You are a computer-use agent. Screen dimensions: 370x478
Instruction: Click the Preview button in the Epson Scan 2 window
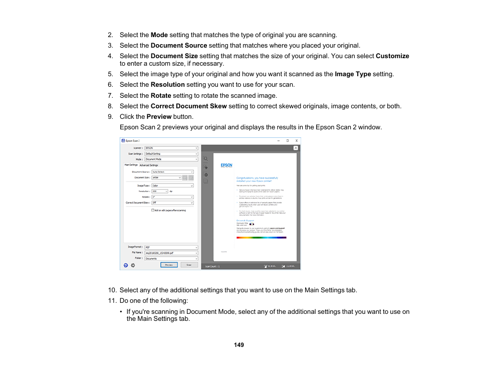[x=169, y=265]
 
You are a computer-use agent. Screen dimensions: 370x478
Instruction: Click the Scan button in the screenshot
[x=189, y=265]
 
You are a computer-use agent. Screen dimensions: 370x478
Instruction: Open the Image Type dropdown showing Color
[x=172, y=186]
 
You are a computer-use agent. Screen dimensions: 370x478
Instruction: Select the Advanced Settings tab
[x=149, y=165]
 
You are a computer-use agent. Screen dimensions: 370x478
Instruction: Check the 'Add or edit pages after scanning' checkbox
[x=153, y=211]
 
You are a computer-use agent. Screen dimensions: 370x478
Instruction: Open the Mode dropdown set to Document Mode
[x=171, y=159]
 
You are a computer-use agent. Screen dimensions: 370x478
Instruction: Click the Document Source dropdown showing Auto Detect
[x=172, y=172]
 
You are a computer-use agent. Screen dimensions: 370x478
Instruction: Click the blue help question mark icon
[x=126, y=265]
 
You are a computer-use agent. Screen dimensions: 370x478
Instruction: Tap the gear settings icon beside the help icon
[x=133, y=265]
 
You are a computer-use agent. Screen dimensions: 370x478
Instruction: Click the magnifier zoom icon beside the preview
[x=205, y=158]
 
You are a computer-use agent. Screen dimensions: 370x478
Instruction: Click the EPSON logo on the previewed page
[x=226, y=165]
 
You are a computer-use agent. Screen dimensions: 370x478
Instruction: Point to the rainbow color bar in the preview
[x=261, y=238]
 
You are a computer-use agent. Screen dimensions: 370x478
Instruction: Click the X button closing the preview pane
[x=296, y=148]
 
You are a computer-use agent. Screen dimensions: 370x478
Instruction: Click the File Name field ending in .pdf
[x=171, y=253]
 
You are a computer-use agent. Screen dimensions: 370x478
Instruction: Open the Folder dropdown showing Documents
[x=171, y=259]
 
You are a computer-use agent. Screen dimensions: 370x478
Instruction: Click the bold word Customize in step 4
[x=392, y=56]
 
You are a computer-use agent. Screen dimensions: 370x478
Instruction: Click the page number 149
[x=239, y=345]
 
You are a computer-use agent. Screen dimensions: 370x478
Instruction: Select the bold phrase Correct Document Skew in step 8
[x=188, y=106]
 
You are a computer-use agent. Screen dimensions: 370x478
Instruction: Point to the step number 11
[x=112, y=301]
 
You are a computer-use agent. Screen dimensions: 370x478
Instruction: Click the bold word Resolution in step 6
[x=167, y=85]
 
